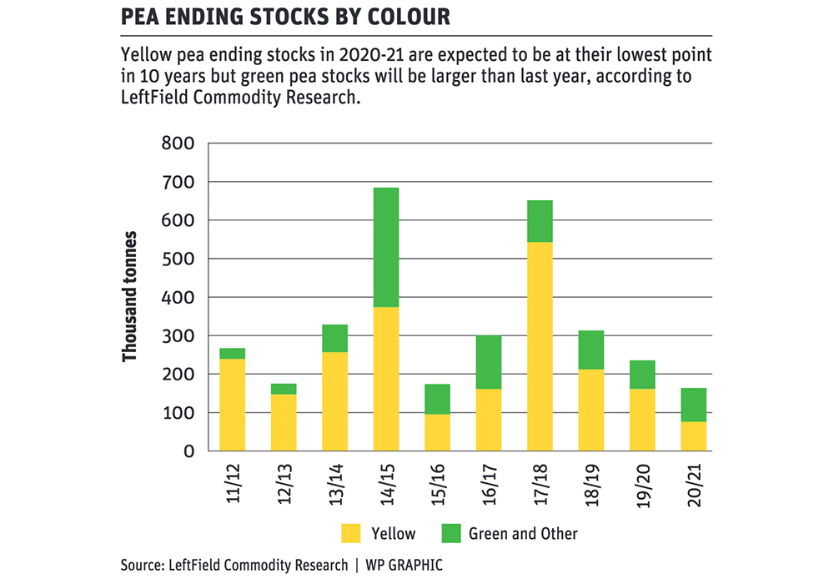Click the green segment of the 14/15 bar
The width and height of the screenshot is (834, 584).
(x=386, y=248)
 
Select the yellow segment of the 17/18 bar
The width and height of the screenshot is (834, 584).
(x=540, y=346)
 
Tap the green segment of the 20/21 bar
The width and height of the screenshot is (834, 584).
(x=694, y=405)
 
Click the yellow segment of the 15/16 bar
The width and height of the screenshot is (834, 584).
(x=438, y=432)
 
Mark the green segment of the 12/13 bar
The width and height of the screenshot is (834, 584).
(x=284, y=389)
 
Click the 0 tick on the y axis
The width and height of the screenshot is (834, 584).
(x=188, y=451)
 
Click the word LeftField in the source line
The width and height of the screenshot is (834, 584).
(x=199, y=566)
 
